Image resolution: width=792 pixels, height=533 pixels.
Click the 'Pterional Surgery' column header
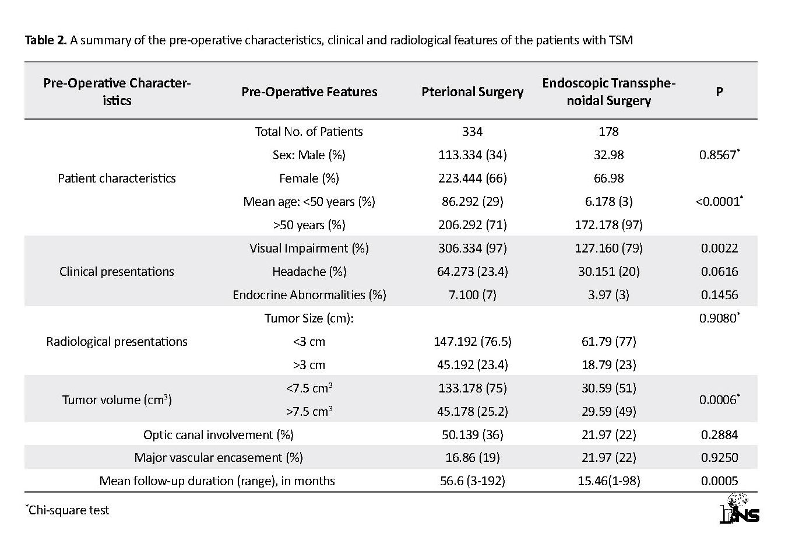pos(473,92)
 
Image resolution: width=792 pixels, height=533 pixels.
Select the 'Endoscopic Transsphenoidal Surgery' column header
pos(608,92)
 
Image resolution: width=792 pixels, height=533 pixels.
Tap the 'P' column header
pos(719,92)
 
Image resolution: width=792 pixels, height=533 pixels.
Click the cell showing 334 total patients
pos(473,132)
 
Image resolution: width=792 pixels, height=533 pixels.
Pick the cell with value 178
pos(608,132)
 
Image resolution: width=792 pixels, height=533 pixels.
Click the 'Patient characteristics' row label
pos(117,178)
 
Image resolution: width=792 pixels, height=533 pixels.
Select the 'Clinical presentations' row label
pos(117,272)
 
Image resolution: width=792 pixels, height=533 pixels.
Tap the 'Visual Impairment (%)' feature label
pos(309,248)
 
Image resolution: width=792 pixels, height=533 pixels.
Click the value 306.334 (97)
pos(473,248)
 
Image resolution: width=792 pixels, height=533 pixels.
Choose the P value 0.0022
pos(720,248)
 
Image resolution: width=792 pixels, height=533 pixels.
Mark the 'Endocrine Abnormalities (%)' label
pos(309,295)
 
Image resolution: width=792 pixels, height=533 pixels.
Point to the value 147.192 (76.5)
pos(473,342)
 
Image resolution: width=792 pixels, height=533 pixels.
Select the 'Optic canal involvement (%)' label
pos(218,434)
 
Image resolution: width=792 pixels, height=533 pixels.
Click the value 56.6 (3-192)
pos(473,481)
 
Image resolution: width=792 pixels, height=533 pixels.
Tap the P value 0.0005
pos(720,481)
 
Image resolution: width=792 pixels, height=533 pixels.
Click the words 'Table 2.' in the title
pos(45,40)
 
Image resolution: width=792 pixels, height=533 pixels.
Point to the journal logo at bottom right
pos(740,509)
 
